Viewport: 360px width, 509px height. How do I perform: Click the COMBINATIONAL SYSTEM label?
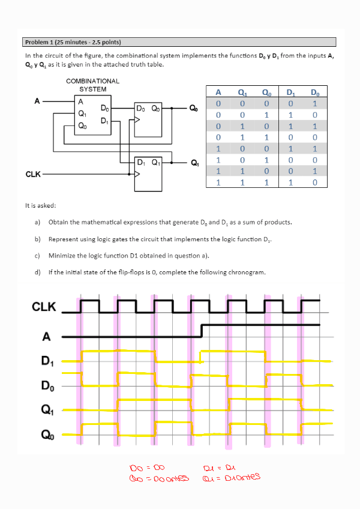[93, 85]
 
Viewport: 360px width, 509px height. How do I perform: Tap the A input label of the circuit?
[37, 101]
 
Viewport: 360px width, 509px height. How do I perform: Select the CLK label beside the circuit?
[34, 174]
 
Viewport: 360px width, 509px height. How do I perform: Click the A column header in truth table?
[218, 92]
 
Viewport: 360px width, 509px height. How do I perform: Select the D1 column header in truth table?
[291, 92]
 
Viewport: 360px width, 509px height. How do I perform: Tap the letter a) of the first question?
[37, 222]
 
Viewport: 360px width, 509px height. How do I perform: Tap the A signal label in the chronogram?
[46, 336]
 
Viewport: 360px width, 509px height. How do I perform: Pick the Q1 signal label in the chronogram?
[46, 411]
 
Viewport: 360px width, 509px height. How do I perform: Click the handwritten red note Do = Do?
[147, 467]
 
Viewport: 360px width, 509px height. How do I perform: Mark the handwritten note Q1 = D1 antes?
[233, 477]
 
